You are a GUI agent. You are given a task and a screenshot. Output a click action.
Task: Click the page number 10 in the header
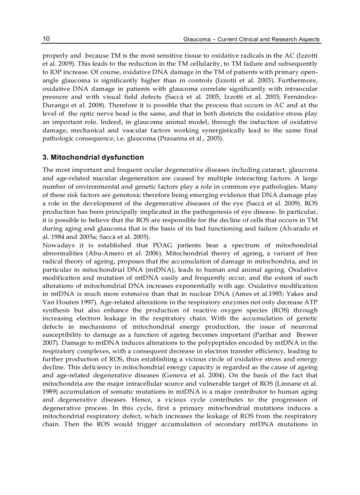pyautogui.click(x=46, y=39)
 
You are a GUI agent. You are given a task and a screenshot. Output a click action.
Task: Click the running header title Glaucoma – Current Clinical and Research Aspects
pyautogui.click(x=251, y=40)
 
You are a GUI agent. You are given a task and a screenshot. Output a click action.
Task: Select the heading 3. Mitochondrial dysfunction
pyautogui.click(x=93, y=157)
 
